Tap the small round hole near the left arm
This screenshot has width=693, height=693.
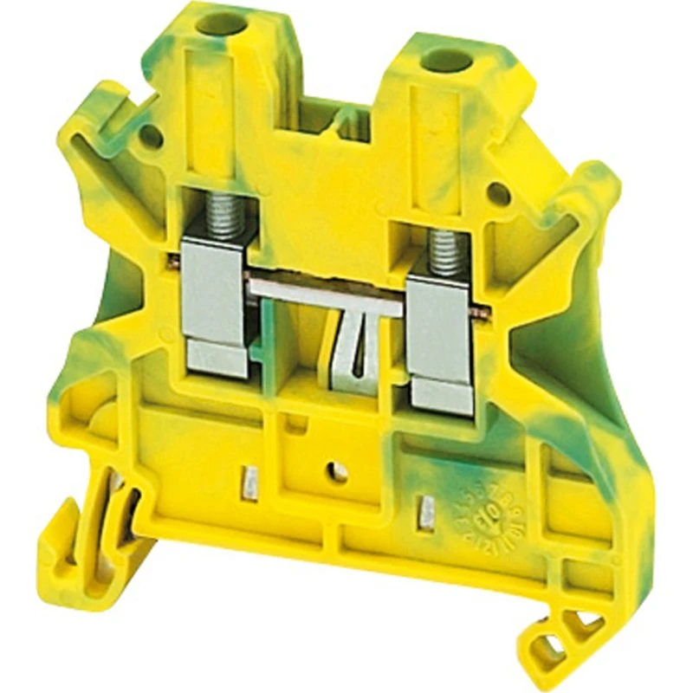(151, 135)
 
